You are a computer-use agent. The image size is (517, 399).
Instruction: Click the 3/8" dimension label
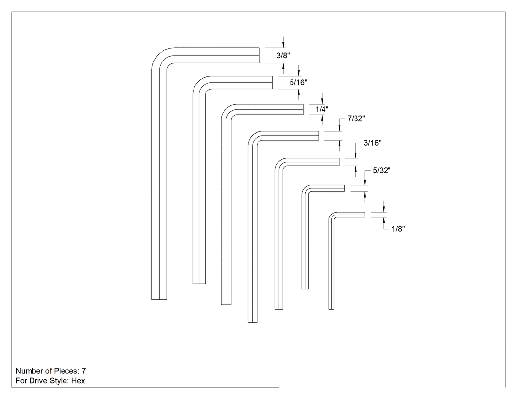(x=283, y=56)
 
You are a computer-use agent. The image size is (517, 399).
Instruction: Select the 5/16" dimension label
(x=298, y=82)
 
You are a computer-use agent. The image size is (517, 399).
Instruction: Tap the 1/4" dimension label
(x=322, y=109)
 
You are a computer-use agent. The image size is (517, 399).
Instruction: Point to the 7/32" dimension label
(x=356, y=119)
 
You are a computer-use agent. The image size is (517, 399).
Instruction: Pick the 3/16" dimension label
(x=373, y=143)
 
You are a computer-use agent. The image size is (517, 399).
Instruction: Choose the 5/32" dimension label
(x=382, y=171)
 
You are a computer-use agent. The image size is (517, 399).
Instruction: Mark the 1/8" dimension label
(x=398, y=229)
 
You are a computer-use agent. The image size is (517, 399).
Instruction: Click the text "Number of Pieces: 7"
(x=51, y=371)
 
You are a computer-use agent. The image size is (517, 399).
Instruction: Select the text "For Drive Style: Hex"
(x=50, y=381)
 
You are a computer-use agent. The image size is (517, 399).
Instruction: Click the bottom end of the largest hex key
(x=159, y=299)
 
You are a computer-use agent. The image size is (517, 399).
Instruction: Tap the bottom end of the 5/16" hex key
(x=199, y=284)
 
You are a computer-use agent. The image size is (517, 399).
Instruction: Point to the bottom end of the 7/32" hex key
(x=252, y=322)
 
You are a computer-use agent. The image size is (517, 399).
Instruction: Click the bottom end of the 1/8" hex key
(x=331, y=309)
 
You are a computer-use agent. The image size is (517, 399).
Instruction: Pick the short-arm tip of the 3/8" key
(x=259, y=56)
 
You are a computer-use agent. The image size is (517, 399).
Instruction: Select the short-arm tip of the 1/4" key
(x=303, y=109)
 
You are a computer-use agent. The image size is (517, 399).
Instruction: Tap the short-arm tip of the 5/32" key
(x=344, y=188)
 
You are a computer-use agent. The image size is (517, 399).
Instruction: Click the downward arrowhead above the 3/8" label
(x=283, y=45)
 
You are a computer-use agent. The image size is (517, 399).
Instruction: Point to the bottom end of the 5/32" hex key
(x=305, y=289)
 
